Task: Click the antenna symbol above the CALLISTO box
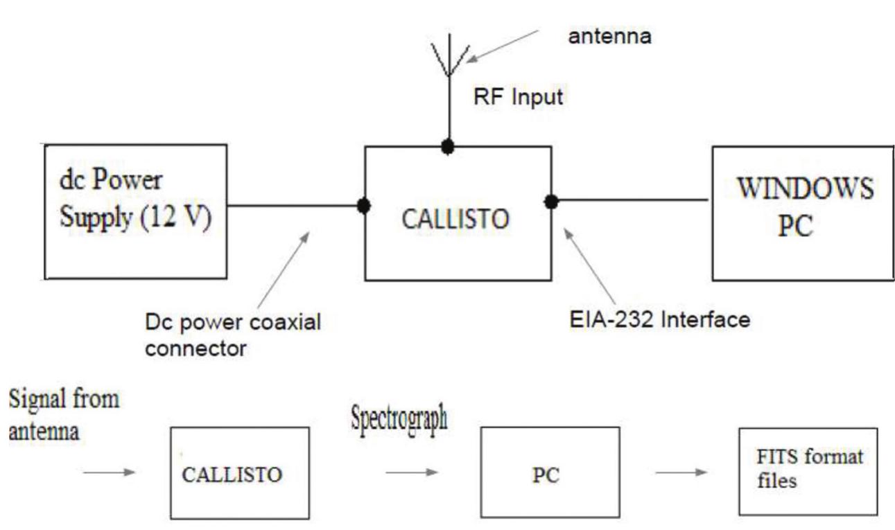click(449, 60)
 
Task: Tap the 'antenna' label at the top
click(609, 37)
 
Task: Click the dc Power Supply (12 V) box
click(136, 211)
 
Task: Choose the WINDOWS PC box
click(803, 213)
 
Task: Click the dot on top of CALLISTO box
click(449, 147)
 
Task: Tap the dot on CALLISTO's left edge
click(362, 206)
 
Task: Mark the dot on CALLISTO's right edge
click(551, 202)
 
